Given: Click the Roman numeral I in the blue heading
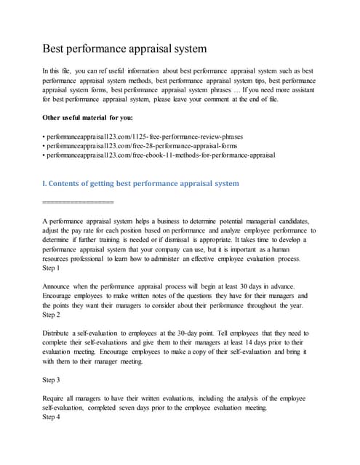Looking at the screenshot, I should [45, 184].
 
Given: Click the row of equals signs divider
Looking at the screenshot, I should [79, 201].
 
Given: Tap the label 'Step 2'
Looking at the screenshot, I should [53, 315].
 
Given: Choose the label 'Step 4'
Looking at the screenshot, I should [53, 418].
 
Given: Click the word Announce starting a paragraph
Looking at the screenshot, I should [60, 286].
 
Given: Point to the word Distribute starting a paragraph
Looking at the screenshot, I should [61, 333].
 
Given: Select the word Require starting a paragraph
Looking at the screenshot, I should [57, 399].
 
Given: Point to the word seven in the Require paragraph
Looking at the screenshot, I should [151, 408].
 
